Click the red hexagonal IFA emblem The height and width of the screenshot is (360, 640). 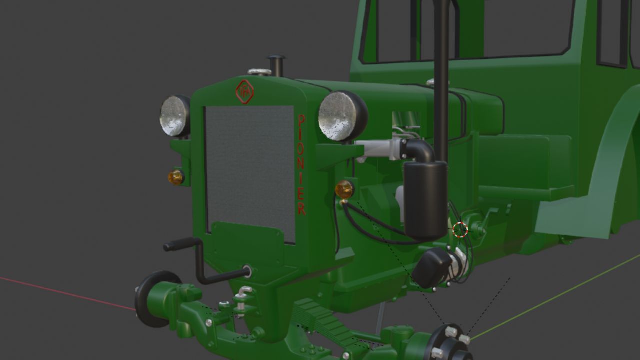(x=244, y=92)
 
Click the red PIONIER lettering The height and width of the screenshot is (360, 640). (x=301, y=165)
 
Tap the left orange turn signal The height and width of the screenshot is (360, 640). (x=175, y=177)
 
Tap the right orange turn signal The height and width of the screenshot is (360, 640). (x=344, y=189)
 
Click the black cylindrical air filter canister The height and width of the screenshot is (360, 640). (x=425, y=200)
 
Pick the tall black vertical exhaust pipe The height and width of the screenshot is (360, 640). (x=441, y=75)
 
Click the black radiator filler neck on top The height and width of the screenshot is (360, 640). (x=276, y=65)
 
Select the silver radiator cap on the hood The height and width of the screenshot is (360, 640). (x=259, y=72)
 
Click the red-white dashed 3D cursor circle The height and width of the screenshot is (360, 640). (x=460, y=230)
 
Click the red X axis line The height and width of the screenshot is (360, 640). (x=65, y=293)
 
